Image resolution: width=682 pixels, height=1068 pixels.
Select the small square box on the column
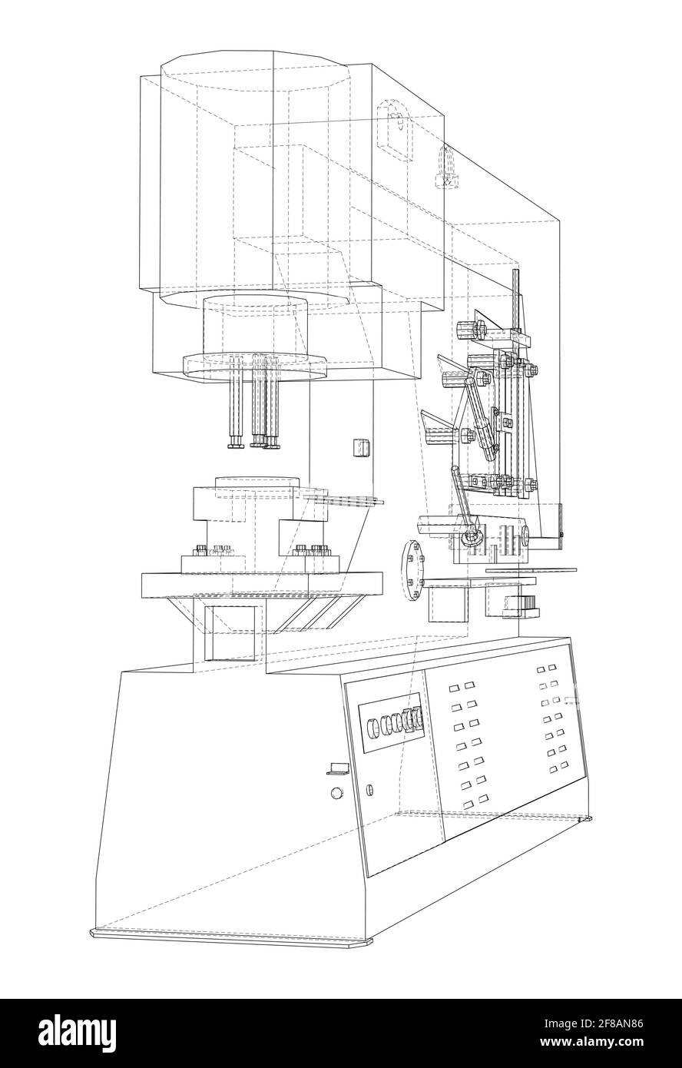(359, 447)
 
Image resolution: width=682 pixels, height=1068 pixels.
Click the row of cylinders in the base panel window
(396, 721)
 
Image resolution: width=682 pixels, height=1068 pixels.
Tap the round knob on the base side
(336, 794)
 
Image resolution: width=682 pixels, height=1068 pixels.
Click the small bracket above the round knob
(338, 767)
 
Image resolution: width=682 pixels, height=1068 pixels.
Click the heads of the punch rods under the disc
(253, 442)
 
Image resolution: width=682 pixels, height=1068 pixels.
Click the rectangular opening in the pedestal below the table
(231, 632)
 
